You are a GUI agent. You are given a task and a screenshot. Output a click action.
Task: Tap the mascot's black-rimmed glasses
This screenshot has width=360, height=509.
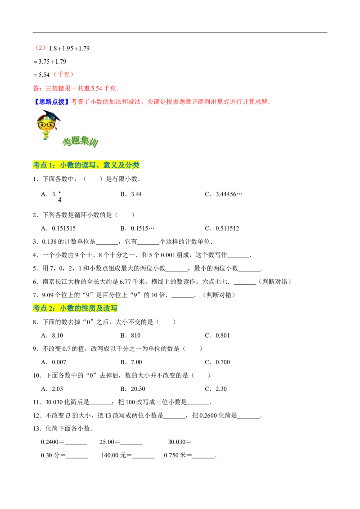[x=45, y=125]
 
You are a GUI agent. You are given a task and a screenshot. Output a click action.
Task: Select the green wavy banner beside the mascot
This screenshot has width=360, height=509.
[x=81, y=142]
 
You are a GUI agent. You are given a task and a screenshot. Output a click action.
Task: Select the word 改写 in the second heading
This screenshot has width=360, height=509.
[x=111, y=308]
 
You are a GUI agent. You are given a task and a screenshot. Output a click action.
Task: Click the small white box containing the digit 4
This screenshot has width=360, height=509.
[x=59, y=196]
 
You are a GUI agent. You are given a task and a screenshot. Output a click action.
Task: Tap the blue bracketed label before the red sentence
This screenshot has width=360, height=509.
[x=51, y=102]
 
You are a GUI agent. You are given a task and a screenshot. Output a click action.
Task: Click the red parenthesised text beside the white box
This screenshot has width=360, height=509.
[x=64, y=75]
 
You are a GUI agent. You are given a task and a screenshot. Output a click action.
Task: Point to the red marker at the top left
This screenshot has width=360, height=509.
[x=40, y=47]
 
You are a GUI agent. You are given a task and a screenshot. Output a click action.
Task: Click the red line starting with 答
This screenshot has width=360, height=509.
[x=75, y=88]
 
